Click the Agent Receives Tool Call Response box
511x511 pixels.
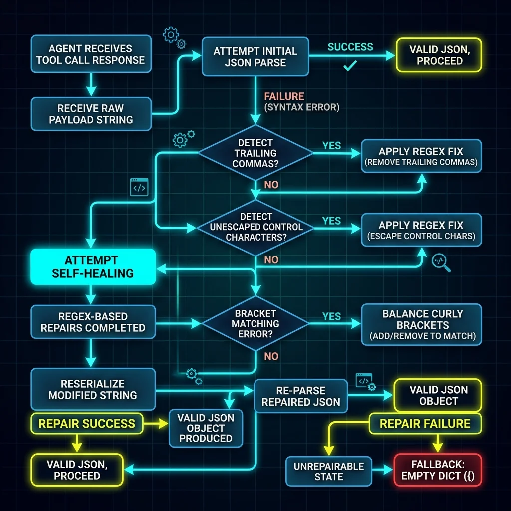click(x=91, y=54)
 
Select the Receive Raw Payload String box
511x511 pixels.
click(x=91, y=114)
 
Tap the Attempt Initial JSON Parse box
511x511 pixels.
click(x=255, y=57)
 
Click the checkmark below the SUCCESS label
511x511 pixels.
click(x=350, y=66)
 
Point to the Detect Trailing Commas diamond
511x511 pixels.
click(x=255, y=153)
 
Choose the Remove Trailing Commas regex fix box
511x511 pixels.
click(x=421, y=156)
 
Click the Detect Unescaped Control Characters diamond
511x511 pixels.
click(x=255, y=227)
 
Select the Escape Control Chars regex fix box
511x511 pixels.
click(x=421, y=230)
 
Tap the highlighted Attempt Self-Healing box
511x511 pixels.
click(x=93, y=267)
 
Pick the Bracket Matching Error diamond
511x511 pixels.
click(x=255, y=323)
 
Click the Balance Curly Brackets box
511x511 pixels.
click(x=421, y=324)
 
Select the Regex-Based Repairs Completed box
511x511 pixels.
click(x=93, y=322)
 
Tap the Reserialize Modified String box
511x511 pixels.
click(x=93, y=389)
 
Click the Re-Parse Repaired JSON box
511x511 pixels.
click(x=301, y=396)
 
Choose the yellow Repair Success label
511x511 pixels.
click(x=87, y=423)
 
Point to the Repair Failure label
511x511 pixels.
click(x=425, y=423)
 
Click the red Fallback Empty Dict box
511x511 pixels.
click(x=438, y=470)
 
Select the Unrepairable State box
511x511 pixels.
click(x=329, y=471)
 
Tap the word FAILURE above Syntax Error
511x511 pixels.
click(x=284, y=96)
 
